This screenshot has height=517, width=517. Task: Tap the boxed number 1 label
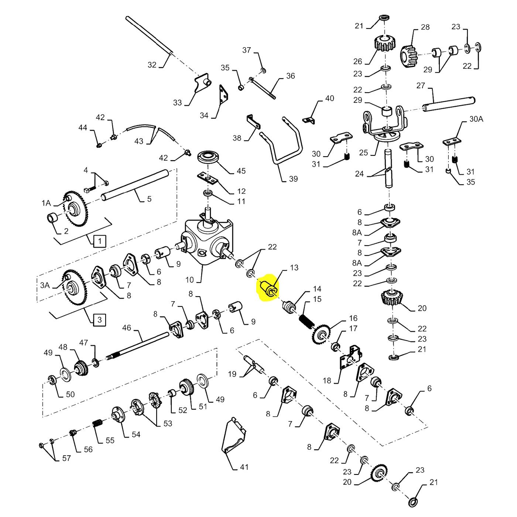click(100, 241)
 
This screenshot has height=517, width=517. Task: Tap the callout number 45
click(241, 171)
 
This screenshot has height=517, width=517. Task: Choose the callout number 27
click(421, 86)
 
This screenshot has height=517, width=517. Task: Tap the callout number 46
click(126, 328)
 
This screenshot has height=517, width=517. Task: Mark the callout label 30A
click(476, 119)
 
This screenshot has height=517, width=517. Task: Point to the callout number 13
click(294, 267)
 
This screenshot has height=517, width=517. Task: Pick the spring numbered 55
click(97, 425)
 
